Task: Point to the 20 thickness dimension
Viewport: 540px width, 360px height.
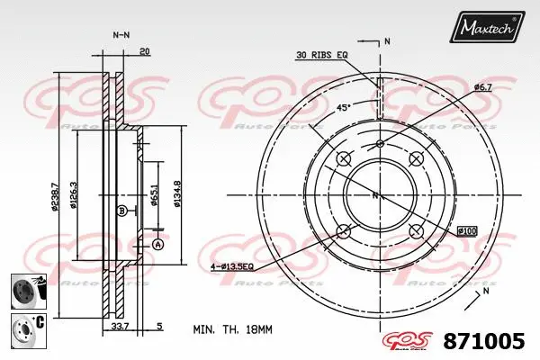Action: click(145, 52)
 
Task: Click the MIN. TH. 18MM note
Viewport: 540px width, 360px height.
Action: click(232, 329)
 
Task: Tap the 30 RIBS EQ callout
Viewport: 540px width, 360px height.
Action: click(321, 56)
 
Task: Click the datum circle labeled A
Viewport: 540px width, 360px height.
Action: click(157, 245)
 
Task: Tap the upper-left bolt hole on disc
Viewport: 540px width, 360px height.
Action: click(342, 159)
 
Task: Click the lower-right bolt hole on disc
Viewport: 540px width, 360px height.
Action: click(416, 231)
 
